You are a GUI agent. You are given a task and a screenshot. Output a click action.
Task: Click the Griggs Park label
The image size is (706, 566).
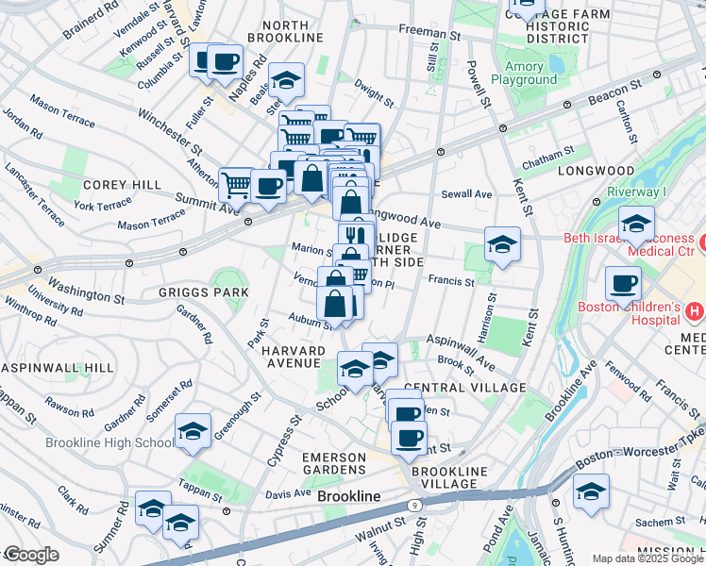coord(204,292)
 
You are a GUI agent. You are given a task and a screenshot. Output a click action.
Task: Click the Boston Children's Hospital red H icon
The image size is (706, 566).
coord(695,309)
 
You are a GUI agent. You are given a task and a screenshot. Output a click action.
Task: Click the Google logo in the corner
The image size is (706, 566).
coord(31,555)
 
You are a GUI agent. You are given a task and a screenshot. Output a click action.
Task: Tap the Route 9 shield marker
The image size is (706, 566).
coord(416,506)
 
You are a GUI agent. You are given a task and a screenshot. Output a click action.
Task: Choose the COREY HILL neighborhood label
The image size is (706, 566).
coord(123,185)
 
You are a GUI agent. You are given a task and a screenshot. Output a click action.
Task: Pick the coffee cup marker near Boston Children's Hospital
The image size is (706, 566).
coord(622,283)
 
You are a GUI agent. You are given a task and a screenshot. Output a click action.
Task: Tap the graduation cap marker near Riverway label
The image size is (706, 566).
coord(636,225)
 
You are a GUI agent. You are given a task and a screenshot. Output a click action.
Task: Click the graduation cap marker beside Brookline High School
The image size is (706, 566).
coord(193,432)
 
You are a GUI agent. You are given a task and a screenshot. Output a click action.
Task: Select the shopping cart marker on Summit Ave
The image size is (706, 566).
coord(236,185)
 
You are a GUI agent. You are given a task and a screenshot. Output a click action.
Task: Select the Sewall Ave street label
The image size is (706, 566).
coord(467,194)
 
